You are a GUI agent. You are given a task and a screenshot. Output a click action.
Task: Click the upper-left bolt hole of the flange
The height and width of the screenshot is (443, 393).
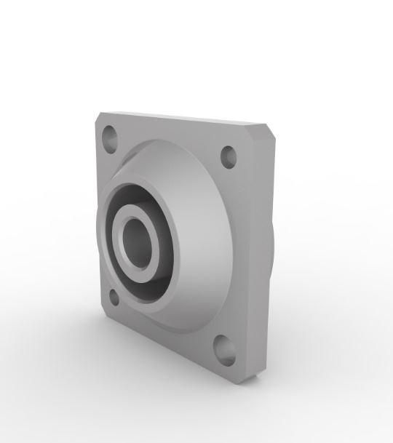[x=111, y=137]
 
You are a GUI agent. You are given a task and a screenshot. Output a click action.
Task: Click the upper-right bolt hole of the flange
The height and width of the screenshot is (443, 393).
[x=229, y=155]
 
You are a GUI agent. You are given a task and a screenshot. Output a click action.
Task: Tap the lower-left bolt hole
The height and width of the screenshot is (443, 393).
[x=114, y=296]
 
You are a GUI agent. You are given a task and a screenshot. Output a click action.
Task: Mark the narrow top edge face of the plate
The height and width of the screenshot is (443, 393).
[x=182, y=119]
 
